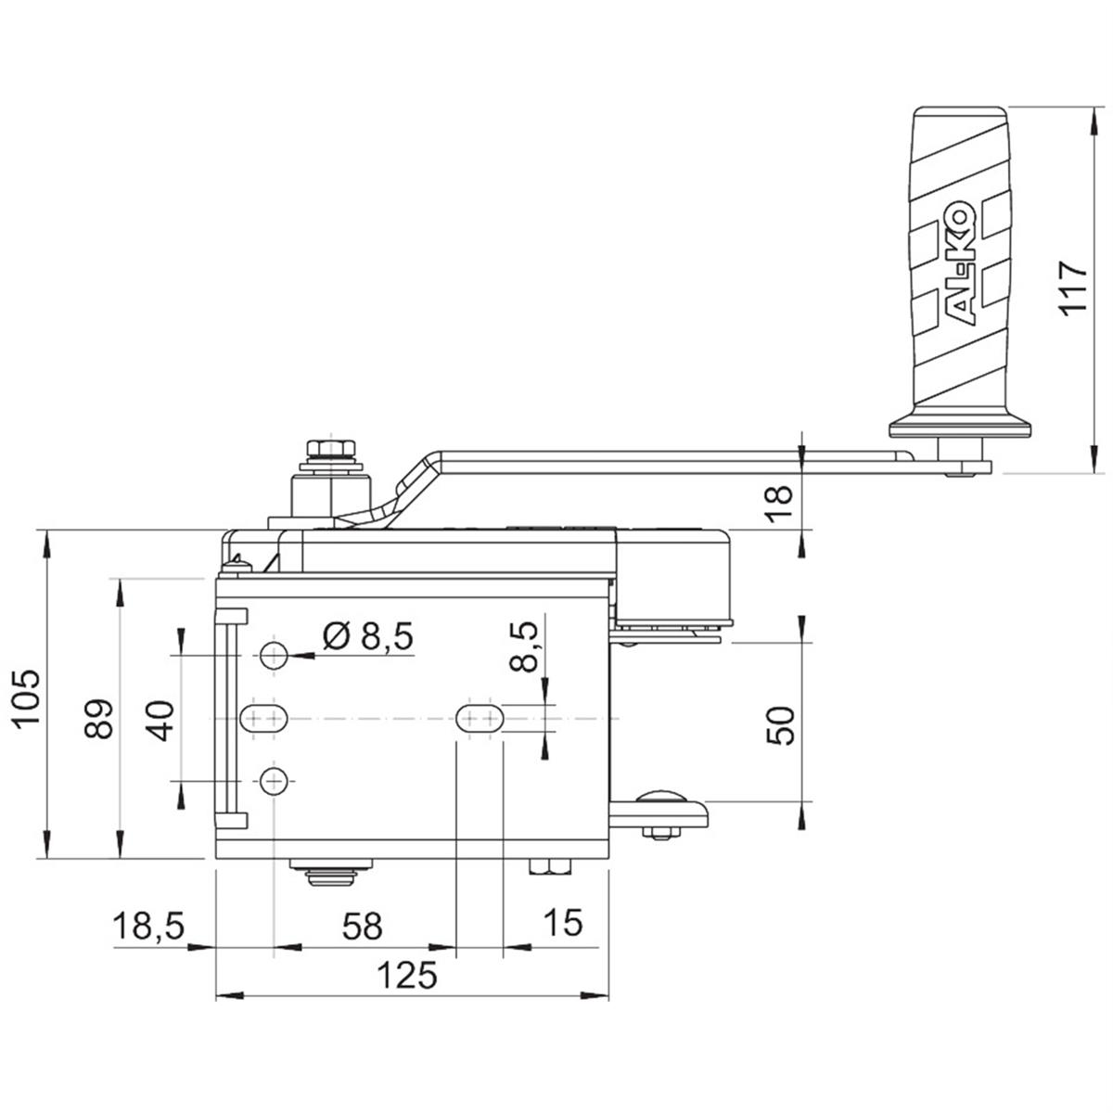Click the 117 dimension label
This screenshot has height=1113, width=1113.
(1073, 289)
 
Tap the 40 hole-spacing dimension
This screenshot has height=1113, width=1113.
(161, 720)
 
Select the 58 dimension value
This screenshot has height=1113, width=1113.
(362, 925)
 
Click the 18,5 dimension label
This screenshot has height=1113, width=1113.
(148, 925)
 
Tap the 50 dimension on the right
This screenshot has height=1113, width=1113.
(782, 724)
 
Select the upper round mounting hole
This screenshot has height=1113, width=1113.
(273, 656)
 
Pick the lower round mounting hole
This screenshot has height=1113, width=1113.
(273, 783)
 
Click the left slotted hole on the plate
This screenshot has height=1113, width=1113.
(264, 717)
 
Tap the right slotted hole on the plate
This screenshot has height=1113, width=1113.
(479, 717)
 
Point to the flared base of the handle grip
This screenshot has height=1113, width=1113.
(959, 428)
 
